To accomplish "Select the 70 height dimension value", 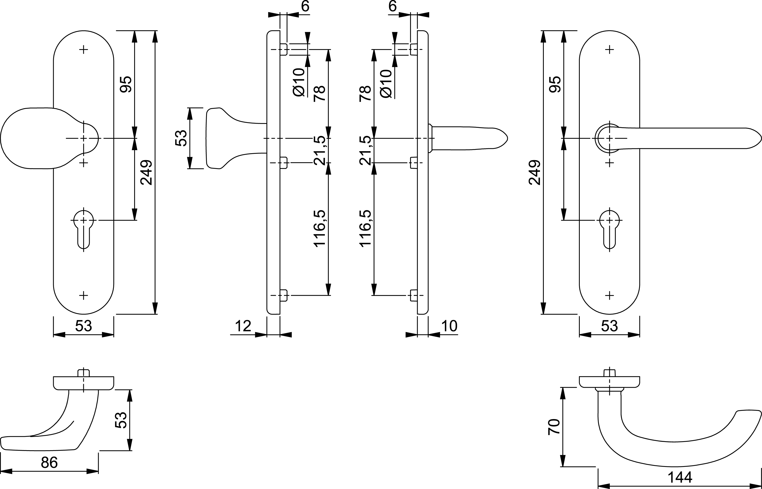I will pyautogui.click(x=554, y=427).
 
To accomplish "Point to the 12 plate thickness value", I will pyautogui.click(x=243, y=326).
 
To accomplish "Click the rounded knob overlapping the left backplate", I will pyautogui.click(x=38, y=138).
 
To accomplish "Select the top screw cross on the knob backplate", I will pyautogui.click(x=84, y=50).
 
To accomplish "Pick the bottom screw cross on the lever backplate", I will pyautogui.click(x=609, y=296).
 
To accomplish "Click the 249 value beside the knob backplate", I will pyautogui.click(x=146, y=173).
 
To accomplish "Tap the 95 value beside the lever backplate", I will pyautogui.click(x=555, y=84).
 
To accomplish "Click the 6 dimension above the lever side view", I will pyautogui.click(x=393, y=6).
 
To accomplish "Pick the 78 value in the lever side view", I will pyautogui.click(x=366, y=93).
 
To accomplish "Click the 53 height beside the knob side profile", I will pyautogui.click(x=181, y=138).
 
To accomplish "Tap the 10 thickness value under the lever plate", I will pyautogui.click(x=449, y=326).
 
